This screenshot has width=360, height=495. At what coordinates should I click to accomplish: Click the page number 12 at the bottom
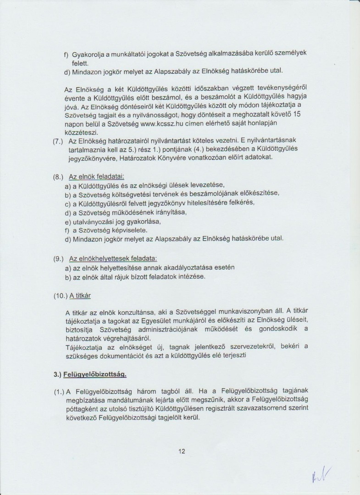[182, 451]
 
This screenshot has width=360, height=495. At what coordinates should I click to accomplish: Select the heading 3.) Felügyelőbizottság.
[90, 374]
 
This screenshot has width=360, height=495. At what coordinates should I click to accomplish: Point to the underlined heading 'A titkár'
[81, 296]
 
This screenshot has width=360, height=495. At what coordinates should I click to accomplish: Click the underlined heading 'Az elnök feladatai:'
[96, 176]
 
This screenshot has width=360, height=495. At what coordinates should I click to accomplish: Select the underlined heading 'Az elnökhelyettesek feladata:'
[113, 258]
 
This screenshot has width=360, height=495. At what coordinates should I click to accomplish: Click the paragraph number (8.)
[59, 176]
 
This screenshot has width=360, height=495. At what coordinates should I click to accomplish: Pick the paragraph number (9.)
[59, 258]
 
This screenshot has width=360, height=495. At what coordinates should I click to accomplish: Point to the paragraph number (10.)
[61, 296]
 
